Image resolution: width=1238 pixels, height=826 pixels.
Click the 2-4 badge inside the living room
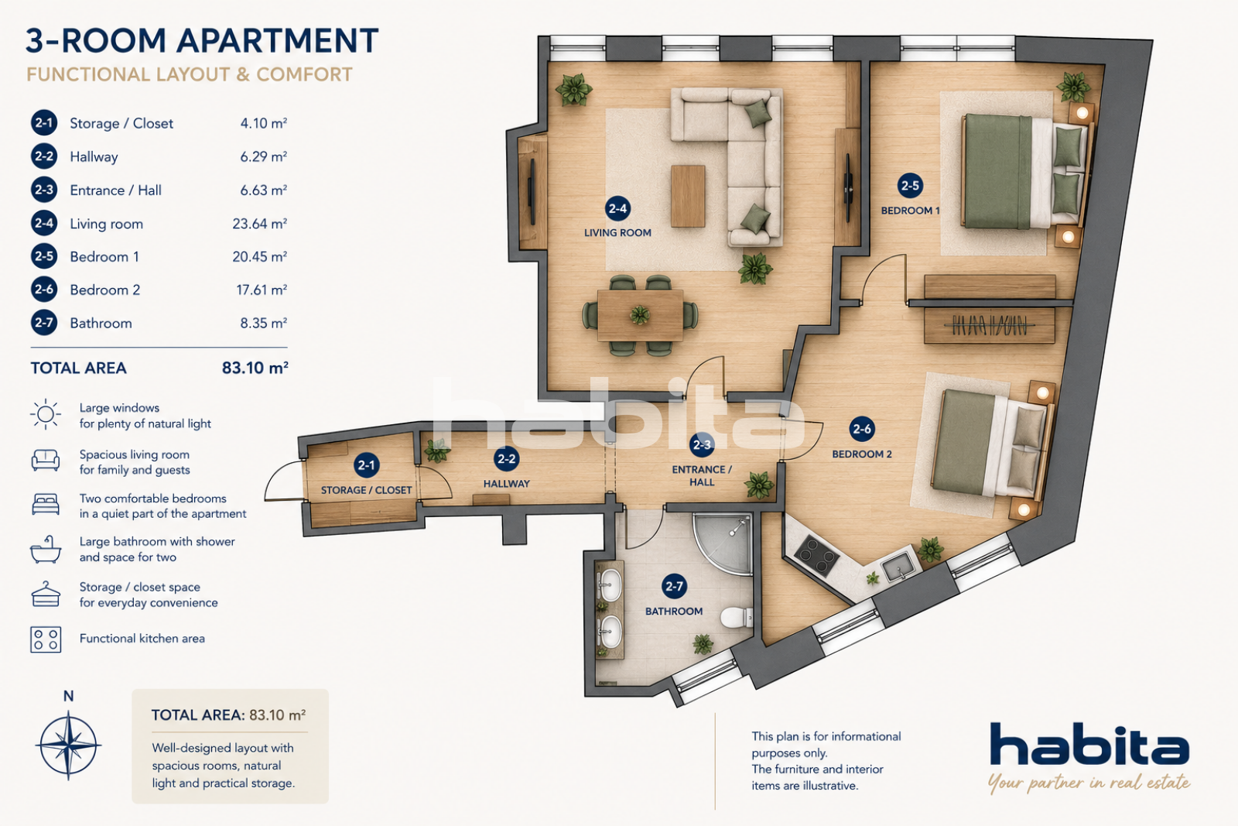tap(617, 208)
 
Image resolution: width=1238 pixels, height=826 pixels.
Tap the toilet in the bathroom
tap(737, 617)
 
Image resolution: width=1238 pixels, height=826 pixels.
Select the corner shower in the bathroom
tap(723, 544)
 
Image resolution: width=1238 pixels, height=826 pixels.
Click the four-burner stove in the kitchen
tap(816, 555)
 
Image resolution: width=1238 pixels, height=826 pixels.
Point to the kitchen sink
tap(898, 566)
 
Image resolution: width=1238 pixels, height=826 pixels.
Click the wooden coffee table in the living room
tap(688, 196)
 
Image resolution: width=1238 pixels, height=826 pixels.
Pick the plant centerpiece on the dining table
tap(640, 315)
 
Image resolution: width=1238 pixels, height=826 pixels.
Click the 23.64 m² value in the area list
tap(259, 224)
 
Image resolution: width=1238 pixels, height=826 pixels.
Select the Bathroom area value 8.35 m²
tap(263, 323)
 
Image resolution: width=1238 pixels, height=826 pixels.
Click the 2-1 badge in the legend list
tap(44, 123)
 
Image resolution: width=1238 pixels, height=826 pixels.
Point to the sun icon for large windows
tap(46, 414)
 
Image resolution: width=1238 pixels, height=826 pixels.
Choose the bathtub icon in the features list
tap(46, 549)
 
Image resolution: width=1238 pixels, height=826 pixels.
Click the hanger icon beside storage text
tap(46, 594)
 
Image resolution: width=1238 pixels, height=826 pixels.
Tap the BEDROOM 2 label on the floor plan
tap(862, 454)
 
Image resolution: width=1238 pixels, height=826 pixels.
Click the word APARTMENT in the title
tap(278, 41)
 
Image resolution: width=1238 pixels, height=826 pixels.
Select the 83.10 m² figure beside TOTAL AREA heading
tap(255, 368)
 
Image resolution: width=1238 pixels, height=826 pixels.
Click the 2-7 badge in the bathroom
tap(674, 586)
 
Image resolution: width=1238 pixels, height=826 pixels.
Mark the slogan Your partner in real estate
tap(1089, 783)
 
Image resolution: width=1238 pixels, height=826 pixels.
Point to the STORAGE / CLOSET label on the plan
tap(367, 490)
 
